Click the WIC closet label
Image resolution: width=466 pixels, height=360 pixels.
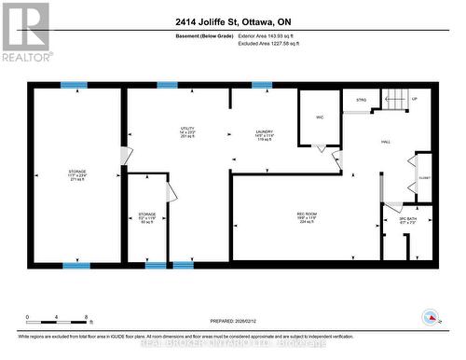coord(319,117)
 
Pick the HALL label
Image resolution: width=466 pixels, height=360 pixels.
coord(384,142)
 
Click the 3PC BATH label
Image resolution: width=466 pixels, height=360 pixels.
coord(407,219)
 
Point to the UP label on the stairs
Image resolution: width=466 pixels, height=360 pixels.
coord(415,99)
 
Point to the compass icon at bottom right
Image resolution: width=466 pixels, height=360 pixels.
coord(432,317)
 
